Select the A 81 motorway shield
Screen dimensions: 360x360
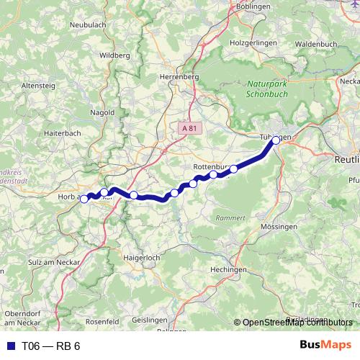[189, 127]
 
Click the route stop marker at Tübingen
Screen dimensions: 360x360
[276, 140]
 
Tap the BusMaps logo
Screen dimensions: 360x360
[325, 346]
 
